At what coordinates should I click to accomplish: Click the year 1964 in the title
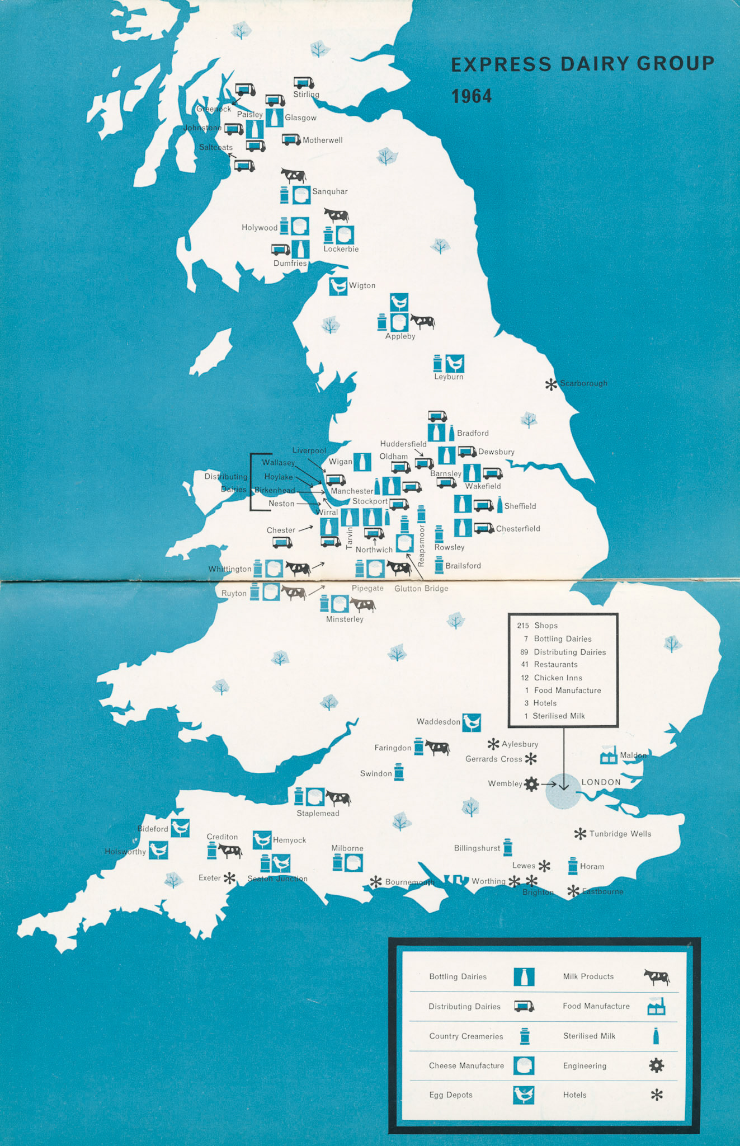coord(472,96)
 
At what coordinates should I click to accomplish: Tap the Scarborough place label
coord(583,383)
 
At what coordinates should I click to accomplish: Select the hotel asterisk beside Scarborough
coord(551,384)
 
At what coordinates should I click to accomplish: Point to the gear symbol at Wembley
coord(531,784)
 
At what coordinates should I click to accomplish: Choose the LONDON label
coord(601,782)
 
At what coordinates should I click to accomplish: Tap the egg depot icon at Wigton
coord(338,286)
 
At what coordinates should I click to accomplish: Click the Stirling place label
coord(306,95)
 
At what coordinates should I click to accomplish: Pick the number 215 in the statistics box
coord(523,626)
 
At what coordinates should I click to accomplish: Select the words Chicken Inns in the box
coord(558,678)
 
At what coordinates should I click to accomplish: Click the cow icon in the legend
coord(657,977)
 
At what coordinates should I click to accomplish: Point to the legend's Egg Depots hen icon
coord(524,1095)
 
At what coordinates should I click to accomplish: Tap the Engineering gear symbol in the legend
coord(657,1065)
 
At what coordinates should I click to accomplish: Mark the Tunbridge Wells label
coord(620,834)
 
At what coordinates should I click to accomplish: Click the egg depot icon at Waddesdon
coord(472,722)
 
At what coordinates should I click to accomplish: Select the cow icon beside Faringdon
coord(437,748)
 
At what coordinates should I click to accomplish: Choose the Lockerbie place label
coord(341,249)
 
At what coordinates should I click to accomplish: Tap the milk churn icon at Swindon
coord(399,772)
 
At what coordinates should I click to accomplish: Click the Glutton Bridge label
coord(421,589)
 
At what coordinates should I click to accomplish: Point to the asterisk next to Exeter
coord(229,878)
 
